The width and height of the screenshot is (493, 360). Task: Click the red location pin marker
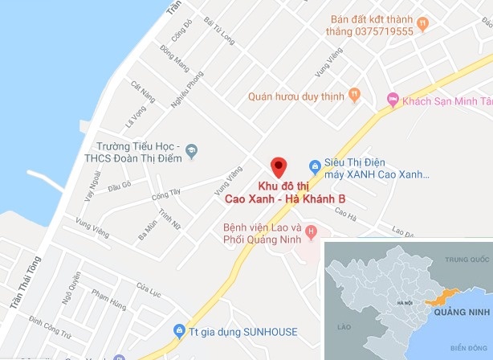tap(278, 166)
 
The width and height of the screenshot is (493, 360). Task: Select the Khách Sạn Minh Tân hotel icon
tap(393, 99)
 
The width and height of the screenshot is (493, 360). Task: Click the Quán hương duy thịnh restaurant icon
tap(354, 94)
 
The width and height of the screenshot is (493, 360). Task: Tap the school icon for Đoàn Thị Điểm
tap(191, 149)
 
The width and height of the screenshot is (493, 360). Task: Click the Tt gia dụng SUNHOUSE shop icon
tap(179, 330)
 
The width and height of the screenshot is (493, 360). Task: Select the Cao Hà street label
tap(346, 214)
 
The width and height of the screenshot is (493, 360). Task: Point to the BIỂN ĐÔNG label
tap(469, 347)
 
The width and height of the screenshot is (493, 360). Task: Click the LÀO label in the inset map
tap(346, 327)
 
